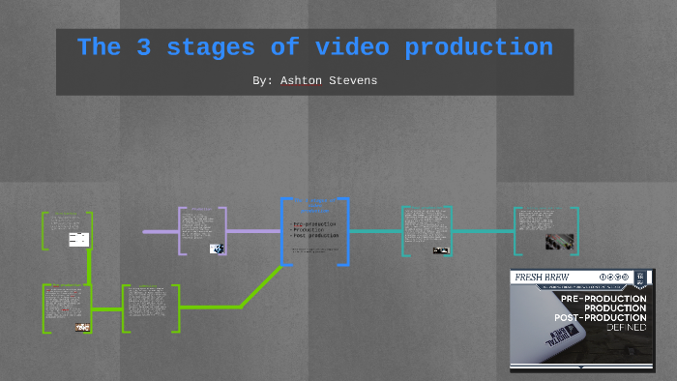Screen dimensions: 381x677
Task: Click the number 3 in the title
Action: [x=147, y=47]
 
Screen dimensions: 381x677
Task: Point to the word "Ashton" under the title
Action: [x=298, y=81]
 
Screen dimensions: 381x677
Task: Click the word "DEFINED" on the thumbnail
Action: [x=628, y=328]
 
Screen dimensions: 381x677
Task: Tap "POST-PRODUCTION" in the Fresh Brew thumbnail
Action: [x=600, y=317]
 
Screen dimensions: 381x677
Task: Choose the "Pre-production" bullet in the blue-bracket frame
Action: [x=313, y=223]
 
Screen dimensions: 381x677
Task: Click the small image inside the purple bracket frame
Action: [x=218, y=249]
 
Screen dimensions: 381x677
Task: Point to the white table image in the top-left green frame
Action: [x=78, y=239]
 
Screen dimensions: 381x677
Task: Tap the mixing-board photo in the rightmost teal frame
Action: [x=556, y=241]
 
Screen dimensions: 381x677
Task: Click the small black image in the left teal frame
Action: [x=441, y=250]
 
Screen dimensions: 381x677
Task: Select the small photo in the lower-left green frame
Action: [x=82, y=327]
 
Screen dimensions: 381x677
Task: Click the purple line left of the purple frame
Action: [x=161, y=232]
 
